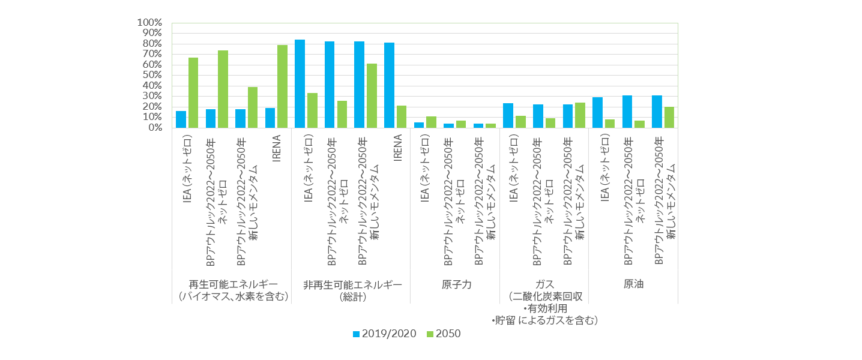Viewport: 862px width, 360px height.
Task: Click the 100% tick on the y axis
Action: [x=150, y=23]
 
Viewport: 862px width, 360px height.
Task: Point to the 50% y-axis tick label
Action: [x=152, y=75]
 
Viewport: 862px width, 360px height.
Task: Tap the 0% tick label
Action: [x=154, y=128]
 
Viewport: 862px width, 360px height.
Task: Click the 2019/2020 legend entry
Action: [x=384, y=334]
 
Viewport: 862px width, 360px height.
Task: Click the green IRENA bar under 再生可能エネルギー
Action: [x=282, y=86]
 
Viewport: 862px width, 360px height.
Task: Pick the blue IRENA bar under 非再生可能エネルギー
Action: [x=389, y=85]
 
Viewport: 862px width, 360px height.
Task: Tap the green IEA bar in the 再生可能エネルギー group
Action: [x=193, y=92]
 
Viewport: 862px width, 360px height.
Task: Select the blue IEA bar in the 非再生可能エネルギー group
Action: [x=300, y=83]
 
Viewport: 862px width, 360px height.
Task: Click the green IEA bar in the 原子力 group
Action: [x=430, y=122]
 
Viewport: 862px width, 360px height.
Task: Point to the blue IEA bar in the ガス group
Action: [x=508, y=115]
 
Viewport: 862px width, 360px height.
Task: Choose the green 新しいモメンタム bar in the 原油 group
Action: [x=669, y=117]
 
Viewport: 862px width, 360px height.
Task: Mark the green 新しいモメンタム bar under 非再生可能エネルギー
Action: [x=371, y=95]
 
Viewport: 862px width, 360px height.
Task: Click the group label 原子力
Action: [x=456, y=284]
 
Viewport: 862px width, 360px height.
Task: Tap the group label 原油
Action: [x=633, y=284]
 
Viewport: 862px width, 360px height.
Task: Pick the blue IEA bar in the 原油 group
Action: [x=597, y=112]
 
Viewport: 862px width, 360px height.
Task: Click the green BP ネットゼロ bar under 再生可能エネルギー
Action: [x=223, y=89]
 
